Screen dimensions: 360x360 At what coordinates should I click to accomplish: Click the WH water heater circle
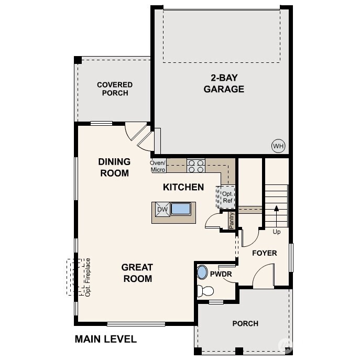pos(277,145)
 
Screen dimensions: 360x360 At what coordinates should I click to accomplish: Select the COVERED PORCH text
pos(115,89)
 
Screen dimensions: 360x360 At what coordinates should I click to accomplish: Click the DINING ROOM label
pos(114,167)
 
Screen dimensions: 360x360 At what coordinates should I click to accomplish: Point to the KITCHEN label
pos(183,187)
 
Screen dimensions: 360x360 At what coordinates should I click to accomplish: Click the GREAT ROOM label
pos(137,273)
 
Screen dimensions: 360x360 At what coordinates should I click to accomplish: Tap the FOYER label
pos(264,253)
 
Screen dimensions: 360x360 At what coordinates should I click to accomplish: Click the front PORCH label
pos(245,323)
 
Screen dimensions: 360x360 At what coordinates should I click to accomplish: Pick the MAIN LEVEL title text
pos(106,339)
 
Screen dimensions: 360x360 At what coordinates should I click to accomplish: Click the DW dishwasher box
pos(161,210)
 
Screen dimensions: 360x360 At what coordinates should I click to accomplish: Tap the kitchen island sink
pos(180,209)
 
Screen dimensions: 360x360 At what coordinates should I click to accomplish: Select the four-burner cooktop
pos(196,166)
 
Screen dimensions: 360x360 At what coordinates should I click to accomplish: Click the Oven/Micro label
pos(158,166)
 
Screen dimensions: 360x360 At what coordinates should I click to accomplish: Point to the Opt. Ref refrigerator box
pos(226,197)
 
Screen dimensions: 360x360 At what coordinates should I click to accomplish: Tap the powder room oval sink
pos(202,272)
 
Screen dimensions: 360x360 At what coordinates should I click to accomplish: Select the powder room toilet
pos(205,291)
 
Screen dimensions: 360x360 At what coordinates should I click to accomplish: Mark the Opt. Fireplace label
pos(88,277)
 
